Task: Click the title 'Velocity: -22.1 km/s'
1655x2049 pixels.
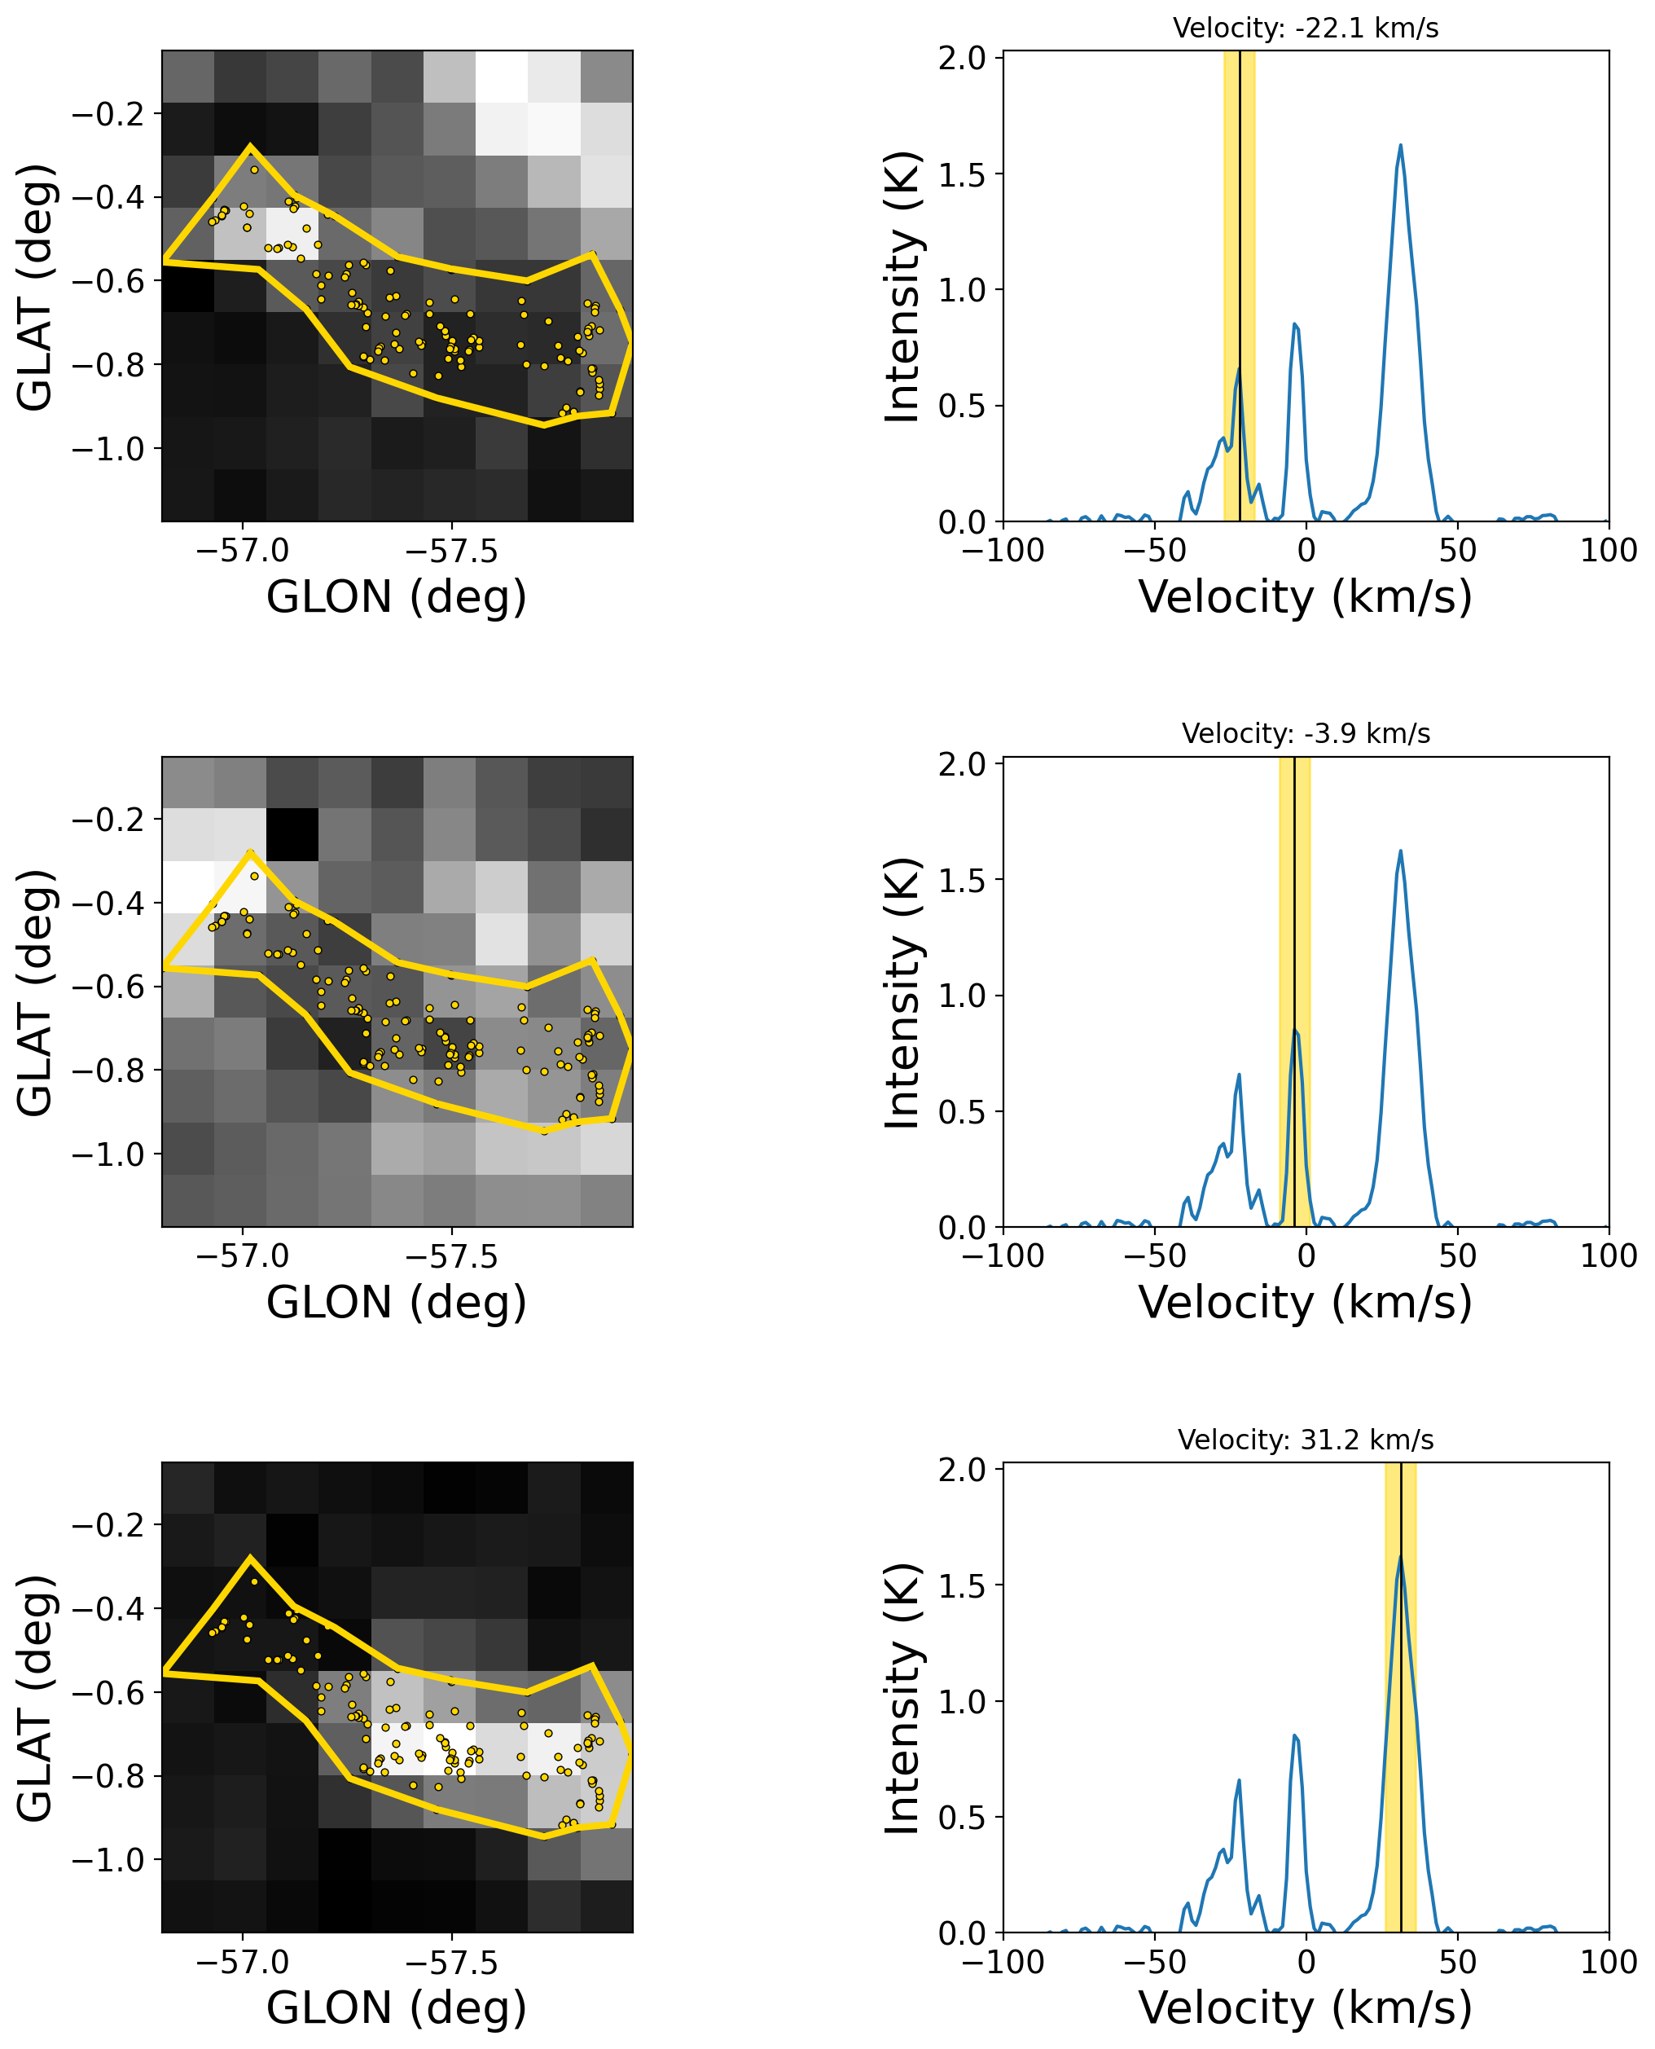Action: pos(1305,29)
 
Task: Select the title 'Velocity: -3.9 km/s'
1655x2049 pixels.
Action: pos(1305,733)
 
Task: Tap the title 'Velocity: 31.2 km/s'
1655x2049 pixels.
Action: pos(1305,1440)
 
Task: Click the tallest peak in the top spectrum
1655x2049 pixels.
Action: pos(1400,146)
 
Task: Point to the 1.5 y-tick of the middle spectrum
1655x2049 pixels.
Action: pos(962,880)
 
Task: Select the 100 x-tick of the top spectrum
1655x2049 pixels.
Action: pos(1609,550)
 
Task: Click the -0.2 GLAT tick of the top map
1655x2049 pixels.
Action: pos(108,114)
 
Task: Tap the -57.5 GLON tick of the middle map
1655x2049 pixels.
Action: pos(451,1255)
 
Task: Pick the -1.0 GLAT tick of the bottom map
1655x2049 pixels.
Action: pos(108,1860)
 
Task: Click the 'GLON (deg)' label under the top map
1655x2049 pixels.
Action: pos(397,597)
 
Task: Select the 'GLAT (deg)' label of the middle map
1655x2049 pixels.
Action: pos(35,992)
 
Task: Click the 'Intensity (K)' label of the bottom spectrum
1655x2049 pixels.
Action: pos(902,1698)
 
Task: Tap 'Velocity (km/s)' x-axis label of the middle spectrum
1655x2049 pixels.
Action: pos(1305,1303)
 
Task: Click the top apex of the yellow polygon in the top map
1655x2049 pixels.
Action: pos(250,147)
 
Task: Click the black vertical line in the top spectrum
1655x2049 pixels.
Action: pos(1240,286)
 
